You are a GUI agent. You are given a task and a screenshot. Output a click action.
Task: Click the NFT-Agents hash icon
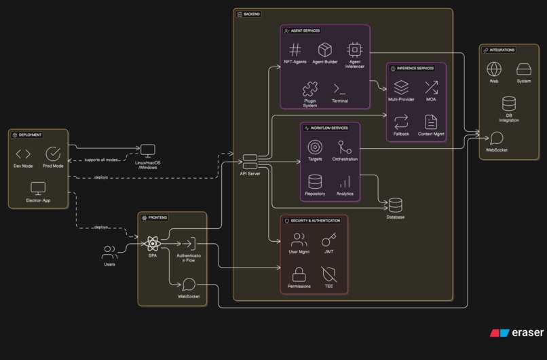point(295,50)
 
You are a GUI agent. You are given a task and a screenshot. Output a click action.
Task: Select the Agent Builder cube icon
point(325,50)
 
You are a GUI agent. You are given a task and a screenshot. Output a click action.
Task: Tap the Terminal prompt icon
point(340,88)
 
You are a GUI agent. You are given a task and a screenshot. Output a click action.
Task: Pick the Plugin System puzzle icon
point(309,88)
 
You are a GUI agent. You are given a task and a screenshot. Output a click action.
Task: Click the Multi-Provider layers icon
point(402,87)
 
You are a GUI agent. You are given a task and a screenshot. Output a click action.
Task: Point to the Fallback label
point(401,134)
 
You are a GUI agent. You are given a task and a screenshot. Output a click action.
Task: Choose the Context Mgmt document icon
point(431,122)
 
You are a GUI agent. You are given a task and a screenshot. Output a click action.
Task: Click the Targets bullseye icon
point(315,147)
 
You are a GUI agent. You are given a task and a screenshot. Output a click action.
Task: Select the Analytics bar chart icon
point(345,181)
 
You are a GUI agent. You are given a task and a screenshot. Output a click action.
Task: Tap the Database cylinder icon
point(395,204)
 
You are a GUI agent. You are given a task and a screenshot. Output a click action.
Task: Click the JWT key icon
point(328,240)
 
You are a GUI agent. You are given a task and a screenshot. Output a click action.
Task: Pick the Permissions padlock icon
point(299,274)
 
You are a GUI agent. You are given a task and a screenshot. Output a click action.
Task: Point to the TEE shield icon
point(328,274)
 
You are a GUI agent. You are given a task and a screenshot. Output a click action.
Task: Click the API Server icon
point(250,162)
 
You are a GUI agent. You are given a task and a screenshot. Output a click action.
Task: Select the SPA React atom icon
point(152,243)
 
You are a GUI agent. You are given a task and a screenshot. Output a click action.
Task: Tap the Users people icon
point(109,253)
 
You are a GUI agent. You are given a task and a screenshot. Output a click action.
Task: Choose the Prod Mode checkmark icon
point(53,154)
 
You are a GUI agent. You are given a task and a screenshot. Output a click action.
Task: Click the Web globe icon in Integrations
point(494,69)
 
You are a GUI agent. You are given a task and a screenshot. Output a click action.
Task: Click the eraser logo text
point(527,333)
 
